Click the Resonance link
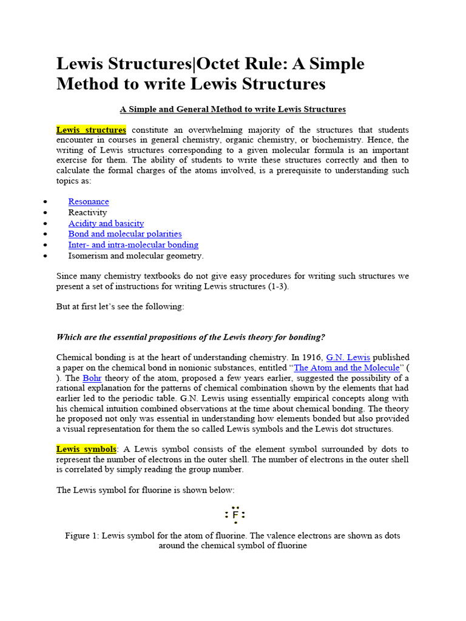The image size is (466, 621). (89, 201)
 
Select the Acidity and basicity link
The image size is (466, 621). (106, 223)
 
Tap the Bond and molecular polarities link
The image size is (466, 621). (125, 233)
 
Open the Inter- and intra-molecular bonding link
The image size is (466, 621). (133, 244)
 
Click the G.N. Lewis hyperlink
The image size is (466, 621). (348, 357)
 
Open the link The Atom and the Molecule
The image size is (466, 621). (346, 368)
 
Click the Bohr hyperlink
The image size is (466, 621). (92, 378)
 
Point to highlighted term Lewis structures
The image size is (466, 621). (91, 130)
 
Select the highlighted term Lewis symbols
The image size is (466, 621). (86, 449)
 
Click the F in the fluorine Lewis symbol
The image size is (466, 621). (235, 515)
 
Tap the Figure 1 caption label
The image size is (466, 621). (81, 535)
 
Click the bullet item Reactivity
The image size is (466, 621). (87, 212)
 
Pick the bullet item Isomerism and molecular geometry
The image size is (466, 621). (136, 255)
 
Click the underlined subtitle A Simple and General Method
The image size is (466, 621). (232, 109)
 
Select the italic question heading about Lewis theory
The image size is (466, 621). (191, 337)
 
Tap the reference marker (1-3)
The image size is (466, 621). (277, 286)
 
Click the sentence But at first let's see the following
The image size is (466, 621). (120, 306)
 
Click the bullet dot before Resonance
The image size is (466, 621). (46, 202)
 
